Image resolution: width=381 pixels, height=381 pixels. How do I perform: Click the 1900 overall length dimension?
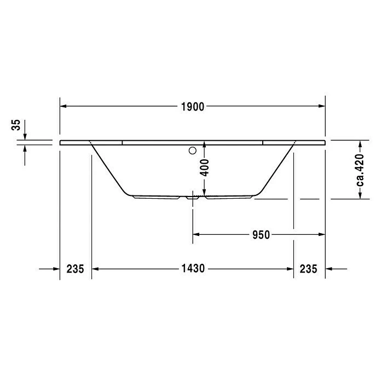pos(192,107)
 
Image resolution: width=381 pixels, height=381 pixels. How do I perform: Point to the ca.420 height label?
pos(360,170)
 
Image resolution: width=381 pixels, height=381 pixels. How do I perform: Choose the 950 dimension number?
pos(261,235)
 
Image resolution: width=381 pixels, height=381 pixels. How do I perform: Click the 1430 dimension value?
pos(192,269)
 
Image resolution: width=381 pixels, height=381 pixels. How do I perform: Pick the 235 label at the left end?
pos(75,269)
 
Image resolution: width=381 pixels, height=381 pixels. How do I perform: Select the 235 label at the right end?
pos(309,269)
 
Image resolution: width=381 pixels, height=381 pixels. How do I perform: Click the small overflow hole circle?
pos(193,149)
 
